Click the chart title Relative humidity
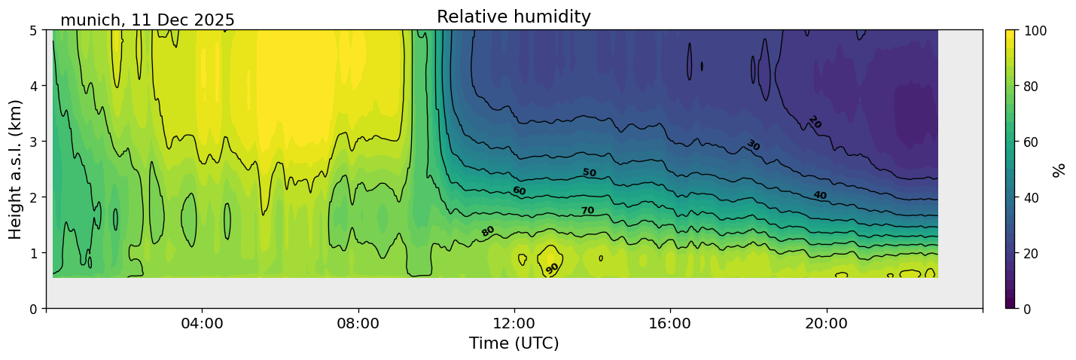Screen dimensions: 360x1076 tap(514, 17)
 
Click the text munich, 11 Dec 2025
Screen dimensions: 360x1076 tap(148, 20)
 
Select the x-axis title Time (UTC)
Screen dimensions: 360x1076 tap(514, 343)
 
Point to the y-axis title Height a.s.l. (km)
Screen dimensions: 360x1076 tap(16, 169)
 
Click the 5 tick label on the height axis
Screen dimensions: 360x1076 tap(35, 30)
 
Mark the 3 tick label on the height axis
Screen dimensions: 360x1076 tap(35, 142)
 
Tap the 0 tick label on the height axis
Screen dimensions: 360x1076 tap(35, 309)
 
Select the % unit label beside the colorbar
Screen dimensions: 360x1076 tap(1059, 169)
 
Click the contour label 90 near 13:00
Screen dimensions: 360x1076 tap(553, 268)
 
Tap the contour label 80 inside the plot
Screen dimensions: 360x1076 tap(488, 231)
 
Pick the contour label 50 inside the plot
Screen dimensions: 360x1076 tap(589, 172)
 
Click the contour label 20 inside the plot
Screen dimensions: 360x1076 tap(814, 122)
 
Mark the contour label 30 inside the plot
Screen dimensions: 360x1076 tap(753, 145)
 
